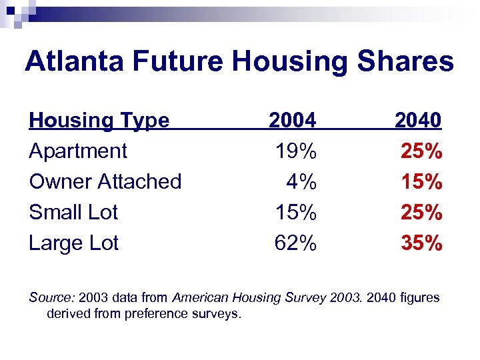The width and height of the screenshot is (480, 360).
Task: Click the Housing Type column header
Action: click(99, 121)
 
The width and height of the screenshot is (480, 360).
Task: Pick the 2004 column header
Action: click(292, 121)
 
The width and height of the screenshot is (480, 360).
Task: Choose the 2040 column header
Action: click(418, 121)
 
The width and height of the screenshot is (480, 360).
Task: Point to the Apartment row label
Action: click(78, 151)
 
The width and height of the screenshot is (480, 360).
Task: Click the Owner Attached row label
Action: click(105, 181)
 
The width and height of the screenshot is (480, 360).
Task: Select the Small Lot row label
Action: click(73, 212)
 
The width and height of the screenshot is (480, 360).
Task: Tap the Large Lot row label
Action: click(73, 243)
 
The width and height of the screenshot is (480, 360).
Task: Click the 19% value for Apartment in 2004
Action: click(296, 151)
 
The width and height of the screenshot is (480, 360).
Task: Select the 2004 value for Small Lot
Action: click(296, 212)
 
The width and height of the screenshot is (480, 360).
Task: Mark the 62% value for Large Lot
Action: click(296, 243)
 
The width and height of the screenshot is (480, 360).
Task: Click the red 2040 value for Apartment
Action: click(421, 151)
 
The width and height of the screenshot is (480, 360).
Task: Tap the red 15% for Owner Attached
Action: click(421, 181)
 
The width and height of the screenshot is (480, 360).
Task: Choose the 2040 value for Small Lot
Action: click(421, 212)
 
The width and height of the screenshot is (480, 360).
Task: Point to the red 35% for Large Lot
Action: click(421, 243)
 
